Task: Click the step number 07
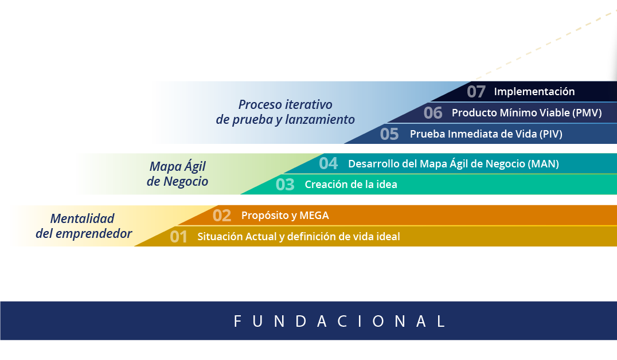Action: click(x=476, y=92)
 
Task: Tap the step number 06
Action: click(x=433, y=113)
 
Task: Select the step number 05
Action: click(x=389, y=134)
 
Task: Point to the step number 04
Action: click(x=328, y=163)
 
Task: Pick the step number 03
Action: click(x=285, y=185)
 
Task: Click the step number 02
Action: click(x=222, y=216)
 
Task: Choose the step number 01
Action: click(x=178, y=237)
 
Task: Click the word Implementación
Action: click(x=534, y=92)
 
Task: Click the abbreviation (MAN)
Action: click(x=543, y=164)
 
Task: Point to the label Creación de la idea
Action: click(x=351, y=185)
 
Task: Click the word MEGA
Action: click(x=314, y=216)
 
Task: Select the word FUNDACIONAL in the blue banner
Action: click(x=339, y=322)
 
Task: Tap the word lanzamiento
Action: click(x=320, y=119)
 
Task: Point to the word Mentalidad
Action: click(x=82, y=219)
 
